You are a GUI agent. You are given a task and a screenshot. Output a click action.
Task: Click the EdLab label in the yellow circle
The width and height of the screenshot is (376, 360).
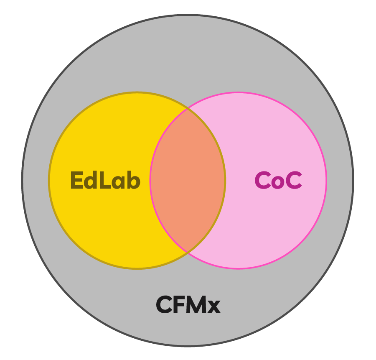tap(105, 181)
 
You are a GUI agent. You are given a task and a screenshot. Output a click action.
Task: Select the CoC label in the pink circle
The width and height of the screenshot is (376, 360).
tap(278, 181)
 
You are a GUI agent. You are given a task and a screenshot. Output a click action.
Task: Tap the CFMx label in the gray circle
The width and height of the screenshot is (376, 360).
tap(188, 305)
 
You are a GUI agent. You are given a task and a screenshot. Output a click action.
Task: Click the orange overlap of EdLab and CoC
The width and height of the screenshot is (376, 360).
tap(188, 181)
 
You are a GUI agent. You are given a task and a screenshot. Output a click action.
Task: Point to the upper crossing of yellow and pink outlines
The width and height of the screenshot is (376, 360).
tap(188, 109)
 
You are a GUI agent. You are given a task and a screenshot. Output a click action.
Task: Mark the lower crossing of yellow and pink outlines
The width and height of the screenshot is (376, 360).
tap(188, 253)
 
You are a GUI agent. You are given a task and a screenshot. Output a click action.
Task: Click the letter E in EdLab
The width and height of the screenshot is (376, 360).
tap(77, 181)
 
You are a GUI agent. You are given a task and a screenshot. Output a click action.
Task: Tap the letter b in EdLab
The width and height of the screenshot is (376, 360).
tap(133, 181)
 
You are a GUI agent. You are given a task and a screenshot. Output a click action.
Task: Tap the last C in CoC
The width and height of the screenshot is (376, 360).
tap(293, 181)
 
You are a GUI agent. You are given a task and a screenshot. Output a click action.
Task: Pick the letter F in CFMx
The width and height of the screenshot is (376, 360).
tap(178, 305)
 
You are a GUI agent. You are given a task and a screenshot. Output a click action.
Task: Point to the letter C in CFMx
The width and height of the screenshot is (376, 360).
tap(164, 305)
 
